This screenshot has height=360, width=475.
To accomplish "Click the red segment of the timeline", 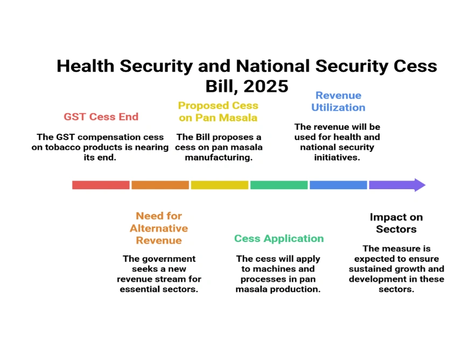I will click(101, 185).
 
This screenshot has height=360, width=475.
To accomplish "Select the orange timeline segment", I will click(160, 185).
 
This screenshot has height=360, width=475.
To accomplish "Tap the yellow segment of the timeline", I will click(219, 185).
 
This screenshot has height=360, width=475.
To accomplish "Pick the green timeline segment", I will click(279, 185).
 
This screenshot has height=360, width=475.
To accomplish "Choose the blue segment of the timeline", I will click(338, 185).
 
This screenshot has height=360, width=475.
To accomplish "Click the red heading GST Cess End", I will click(101, 117).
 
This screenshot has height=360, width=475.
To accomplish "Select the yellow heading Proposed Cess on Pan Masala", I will click(218, 112).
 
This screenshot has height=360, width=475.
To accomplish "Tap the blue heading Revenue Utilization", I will click(338, 101).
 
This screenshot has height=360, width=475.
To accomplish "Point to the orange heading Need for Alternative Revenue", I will click(159, 228).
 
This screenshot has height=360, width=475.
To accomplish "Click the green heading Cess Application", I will click(279, 238).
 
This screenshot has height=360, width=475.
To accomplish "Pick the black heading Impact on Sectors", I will click(396, 223).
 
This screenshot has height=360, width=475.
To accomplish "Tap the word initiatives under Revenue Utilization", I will click(337, 157).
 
